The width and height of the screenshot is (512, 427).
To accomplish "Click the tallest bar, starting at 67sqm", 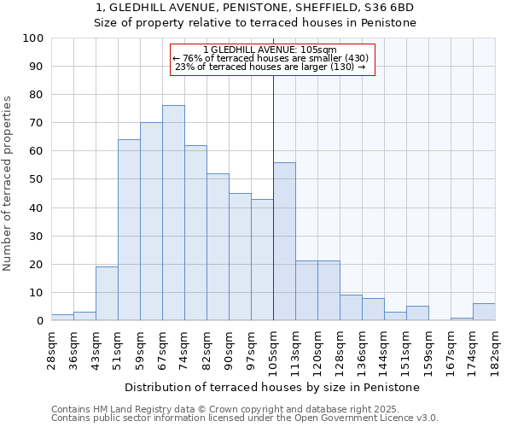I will tap(173, 213).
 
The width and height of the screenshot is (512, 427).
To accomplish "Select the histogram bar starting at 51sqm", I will tap(129, 231).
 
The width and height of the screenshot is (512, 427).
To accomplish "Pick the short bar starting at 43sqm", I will tap(107, 294).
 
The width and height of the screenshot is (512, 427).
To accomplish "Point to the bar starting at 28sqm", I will tap(62, 318).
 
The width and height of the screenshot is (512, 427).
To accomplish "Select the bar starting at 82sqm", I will tap(218, 248).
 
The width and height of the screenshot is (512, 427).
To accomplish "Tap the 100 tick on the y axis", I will tap(33, 38).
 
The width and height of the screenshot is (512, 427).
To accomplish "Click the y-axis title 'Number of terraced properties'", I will tap(9, 183).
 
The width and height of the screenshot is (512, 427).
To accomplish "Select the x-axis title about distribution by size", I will tap(273, 387).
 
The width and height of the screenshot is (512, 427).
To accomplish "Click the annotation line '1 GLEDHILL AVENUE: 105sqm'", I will tap(273, 50).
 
